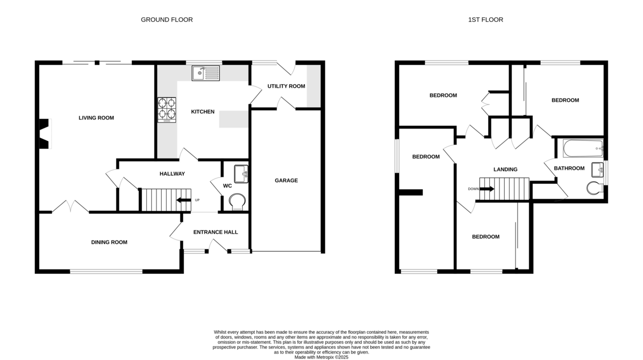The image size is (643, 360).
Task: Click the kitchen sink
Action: pyautogui.click(x=206, y=73)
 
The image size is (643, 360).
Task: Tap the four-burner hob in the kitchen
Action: pyautogui.click(x=167, y=110)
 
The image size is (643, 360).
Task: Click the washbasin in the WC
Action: pyautogui.click(x=241, y=174)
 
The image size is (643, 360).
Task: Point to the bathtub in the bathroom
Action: pyautogui.click(x=583, y=148)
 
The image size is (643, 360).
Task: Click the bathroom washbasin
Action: pyautogui.click(x=597, y=170)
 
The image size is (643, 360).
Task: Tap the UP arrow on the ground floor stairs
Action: pyautogui.click(x=184, y=200)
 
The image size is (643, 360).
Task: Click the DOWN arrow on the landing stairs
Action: pyautogui.click(x=487, y=189)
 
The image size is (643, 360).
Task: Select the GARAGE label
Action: pyautogui.click(x=286, y=181)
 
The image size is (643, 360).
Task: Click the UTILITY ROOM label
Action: pyautogui.click(x=286, y=86)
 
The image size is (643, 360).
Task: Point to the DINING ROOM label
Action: pyautogui.click(x=109, y=242)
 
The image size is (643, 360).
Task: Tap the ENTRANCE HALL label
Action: pyautogui.click(x=215, y=232)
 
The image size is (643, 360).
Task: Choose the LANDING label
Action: pyautogui.click(x=505, y=169)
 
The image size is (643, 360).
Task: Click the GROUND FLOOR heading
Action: pyautogui.click(x=167, y=19)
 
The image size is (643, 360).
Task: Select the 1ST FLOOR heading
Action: pyautogui.click(x=485, y=19)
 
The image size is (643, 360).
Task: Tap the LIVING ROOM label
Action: pyautogui.click(x=96, y=118)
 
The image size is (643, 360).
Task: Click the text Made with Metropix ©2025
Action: pyautogui.click(x=321, y=357)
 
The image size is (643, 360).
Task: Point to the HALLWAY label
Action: pyautogui.click(x=172, y=174)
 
